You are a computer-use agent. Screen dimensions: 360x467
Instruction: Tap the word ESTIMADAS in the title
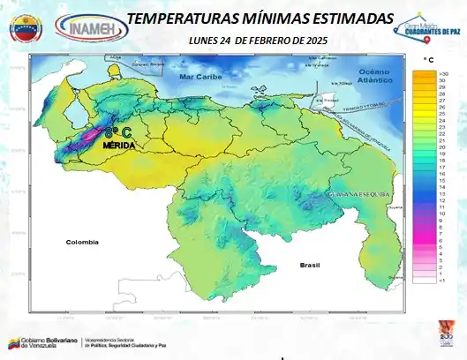pos(346,19)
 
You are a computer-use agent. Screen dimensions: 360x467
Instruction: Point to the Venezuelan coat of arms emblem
pos(25,27)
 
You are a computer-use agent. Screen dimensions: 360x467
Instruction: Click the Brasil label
pos(309,264)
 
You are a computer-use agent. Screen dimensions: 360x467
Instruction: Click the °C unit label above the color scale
pos(428,59)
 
